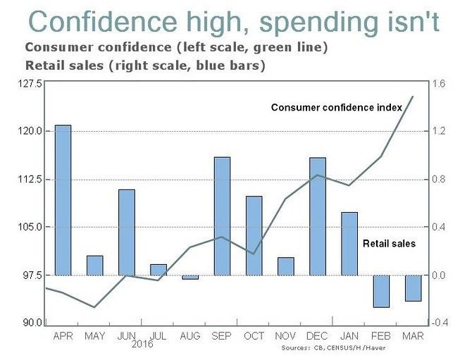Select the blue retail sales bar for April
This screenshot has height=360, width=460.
63,200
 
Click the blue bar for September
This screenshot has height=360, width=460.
222,216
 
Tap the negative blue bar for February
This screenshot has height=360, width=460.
381,291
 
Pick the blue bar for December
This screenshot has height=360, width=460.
318,216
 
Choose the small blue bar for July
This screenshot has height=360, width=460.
158,270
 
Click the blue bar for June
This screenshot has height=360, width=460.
127,232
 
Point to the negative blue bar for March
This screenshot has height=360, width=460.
413,288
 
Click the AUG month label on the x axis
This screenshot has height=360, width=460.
190,336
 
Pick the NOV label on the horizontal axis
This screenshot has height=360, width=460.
285,336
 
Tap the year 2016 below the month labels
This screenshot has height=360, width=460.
142,345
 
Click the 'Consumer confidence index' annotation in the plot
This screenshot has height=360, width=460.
337,108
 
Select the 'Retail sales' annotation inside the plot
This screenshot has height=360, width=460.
389,244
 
